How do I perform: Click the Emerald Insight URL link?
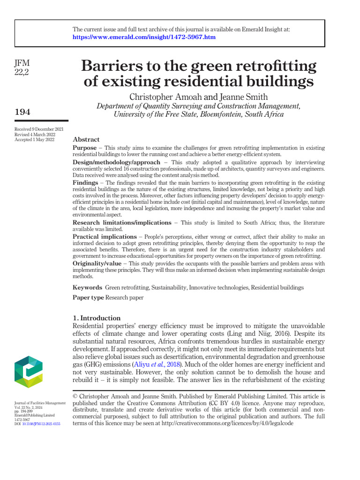[144, 37]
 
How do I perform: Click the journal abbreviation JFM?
[22, 63]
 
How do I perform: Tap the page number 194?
[22, 112]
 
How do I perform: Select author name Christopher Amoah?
[166, 97]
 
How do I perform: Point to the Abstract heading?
[86, 140]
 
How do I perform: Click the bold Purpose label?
[85, 148]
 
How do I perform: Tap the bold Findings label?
[85, 182]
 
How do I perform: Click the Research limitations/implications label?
[122, 223]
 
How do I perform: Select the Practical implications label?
[105, 237]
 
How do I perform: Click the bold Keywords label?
[87, 287]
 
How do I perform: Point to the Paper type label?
[88, 298]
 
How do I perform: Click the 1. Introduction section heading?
[97, 318]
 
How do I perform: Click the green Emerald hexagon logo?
[29, 372]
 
